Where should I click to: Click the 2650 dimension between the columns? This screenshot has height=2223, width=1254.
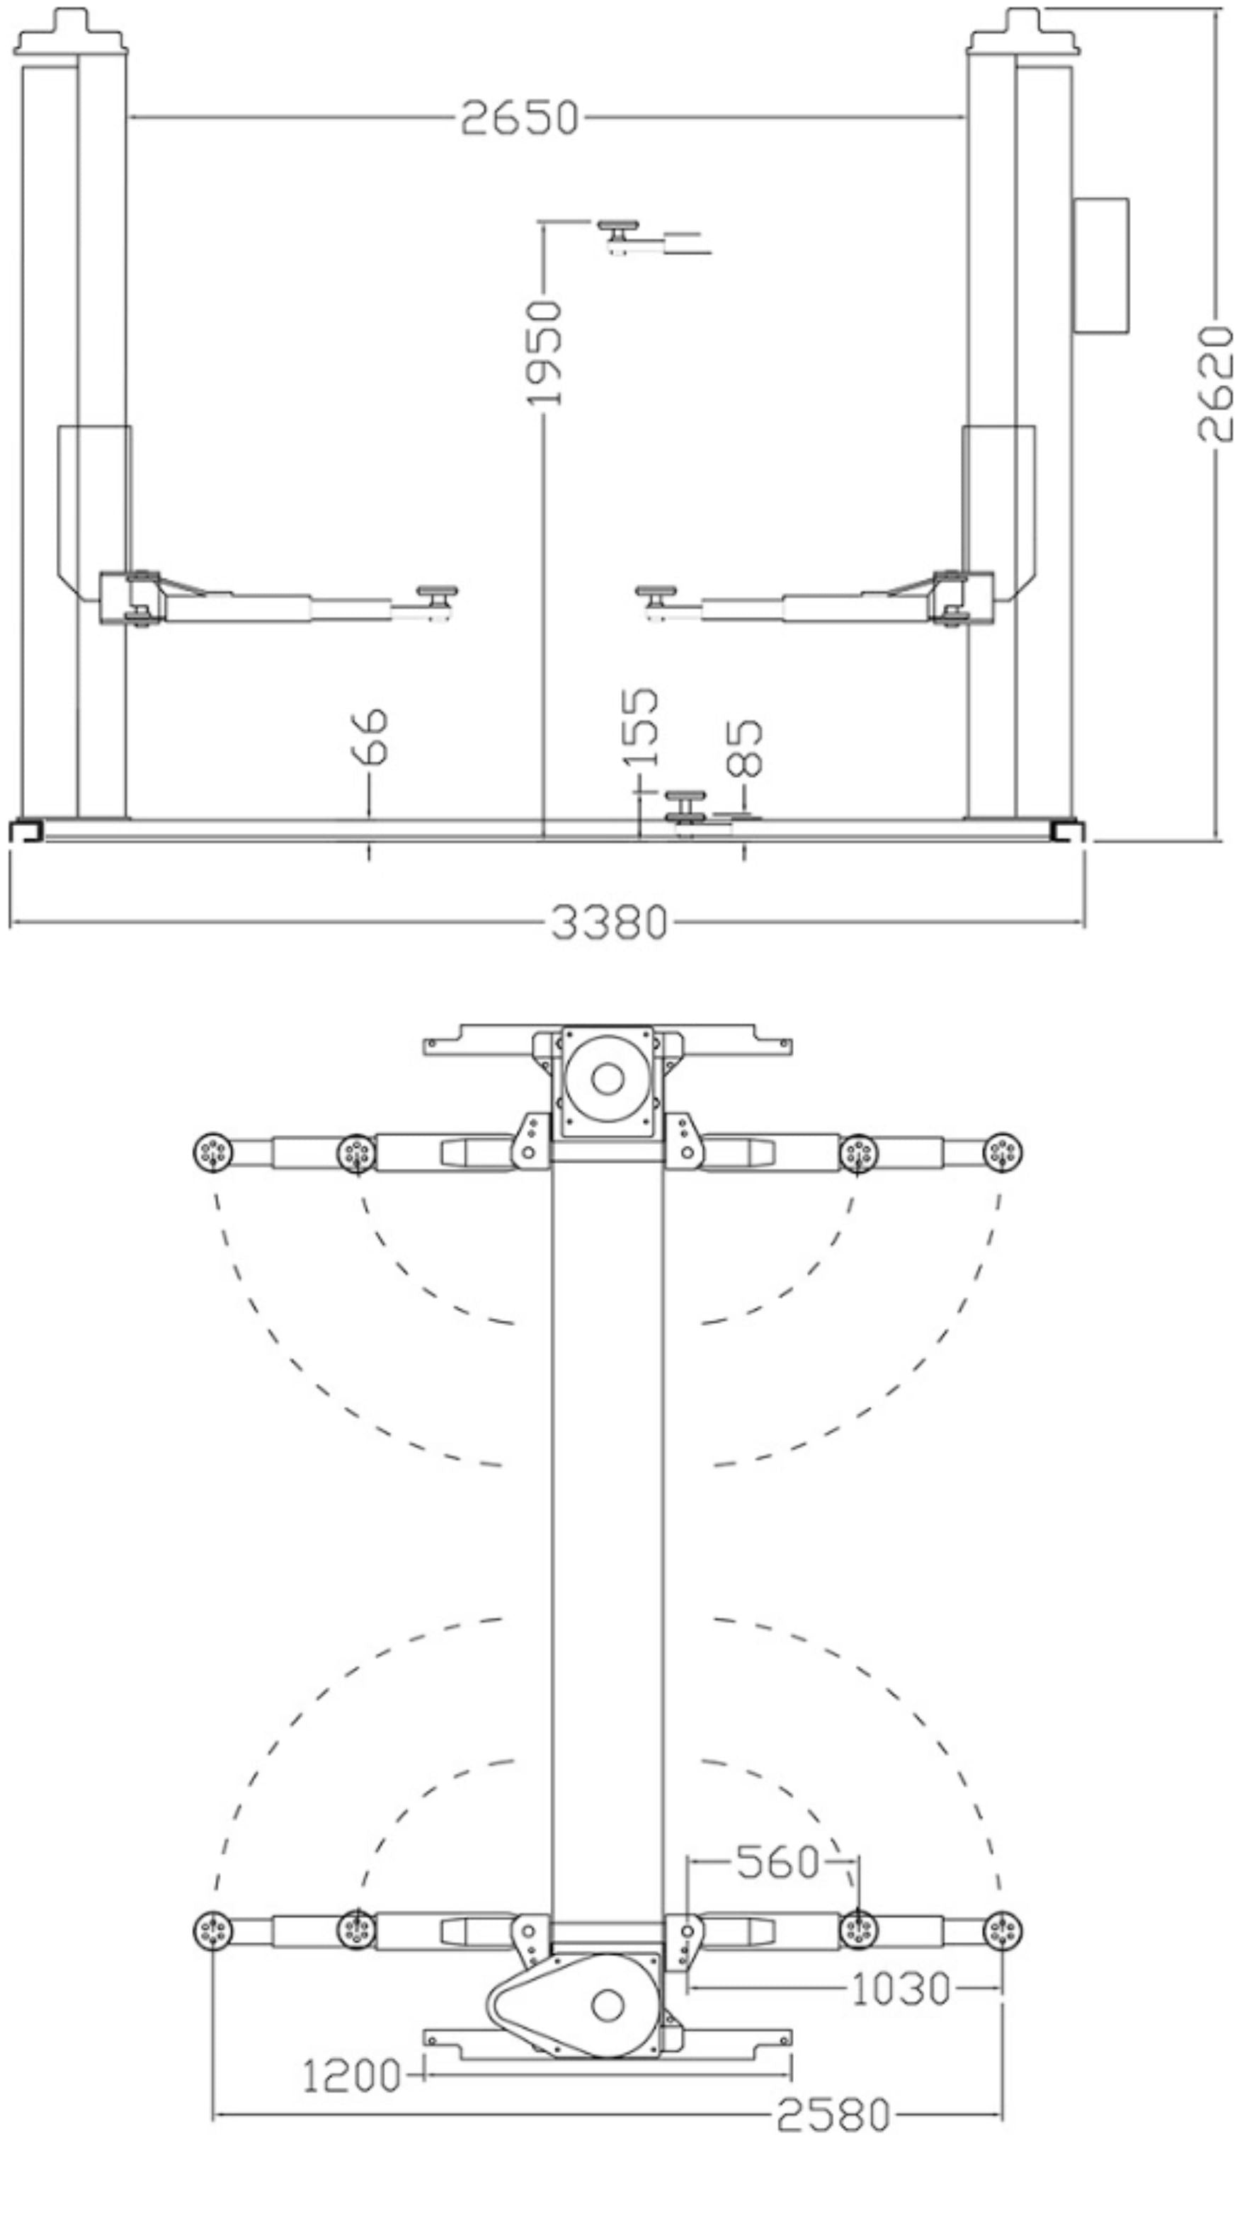(x=520, y=118)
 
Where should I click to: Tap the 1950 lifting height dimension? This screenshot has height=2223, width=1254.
(x=545, y=353)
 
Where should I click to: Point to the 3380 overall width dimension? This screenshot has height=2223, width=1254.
(x=610, y=922)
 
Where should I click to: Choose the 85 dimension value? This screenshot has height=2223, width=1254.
(x=745, y=748)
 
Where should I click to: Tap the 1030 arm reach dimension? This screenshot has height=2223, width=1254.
(x=900, y=1989)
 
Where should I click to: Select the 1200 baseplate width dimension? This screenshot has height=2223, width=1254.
(x=351, y=2076)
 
